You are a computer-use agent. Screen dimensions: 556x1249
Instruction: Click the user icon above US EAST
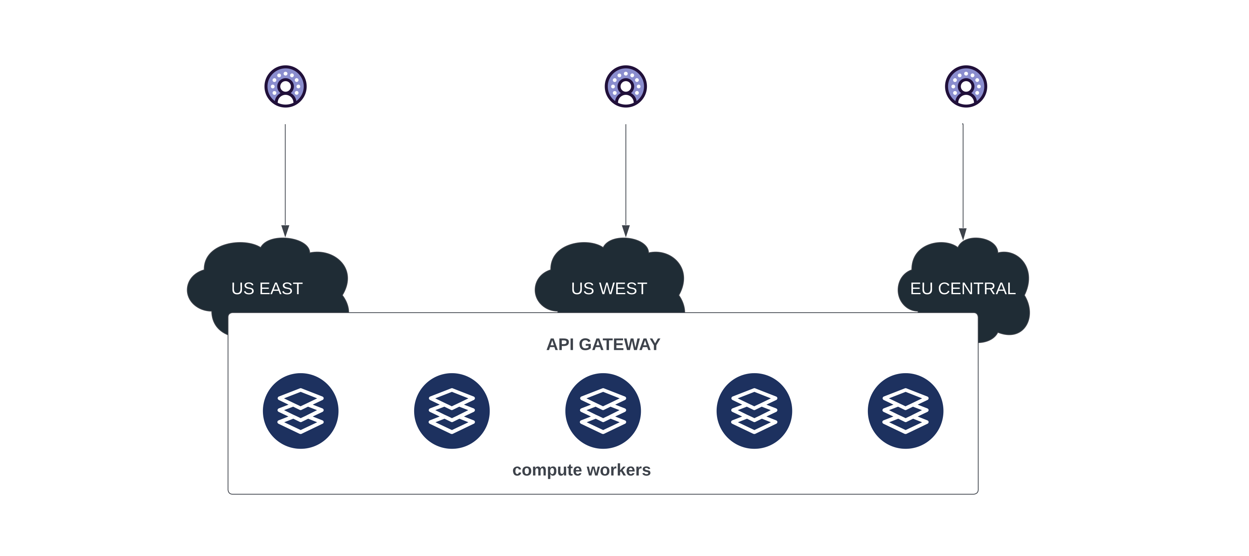tap(286, 86)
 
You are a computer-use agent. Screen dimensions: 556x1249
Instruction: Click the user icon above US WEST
tap(626, 86)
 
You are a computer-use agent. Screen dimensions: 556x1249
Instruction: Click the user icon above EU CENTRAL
tap(966, 86)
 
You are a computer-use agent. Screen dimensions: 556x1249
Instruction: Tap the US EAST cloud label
tap(267, 288)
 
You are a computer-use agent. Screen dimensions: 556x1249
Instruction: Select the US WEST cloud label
tap(609, 288)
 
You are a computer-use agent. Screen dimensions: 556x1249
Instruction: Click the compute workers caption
tap(581, 470)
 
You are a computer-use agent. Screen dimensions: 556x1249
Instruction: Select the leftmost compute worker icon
tap(300, 410)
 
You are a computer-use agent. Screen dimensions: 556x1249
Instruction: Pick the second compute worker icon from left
tap(451, 410)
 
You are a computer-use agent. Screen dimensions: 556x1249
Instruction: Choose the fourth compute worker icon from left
tap(754, 410)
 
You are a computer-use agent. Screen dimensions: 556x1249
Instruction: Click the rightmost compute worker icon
tap(905, 410)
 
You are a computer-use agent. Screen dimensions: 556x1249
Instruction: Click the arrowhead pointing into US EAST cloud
tap(285, 231)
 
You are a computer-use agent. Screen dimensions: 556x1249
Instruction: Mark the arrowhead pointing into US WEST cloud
tap(626, 231)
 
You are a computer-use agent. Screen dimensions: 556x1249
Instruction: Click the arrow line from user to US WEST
tap(626, 175)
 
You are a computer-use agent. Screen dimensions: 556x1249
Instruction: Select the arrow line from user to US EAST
tap(285, 175)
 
